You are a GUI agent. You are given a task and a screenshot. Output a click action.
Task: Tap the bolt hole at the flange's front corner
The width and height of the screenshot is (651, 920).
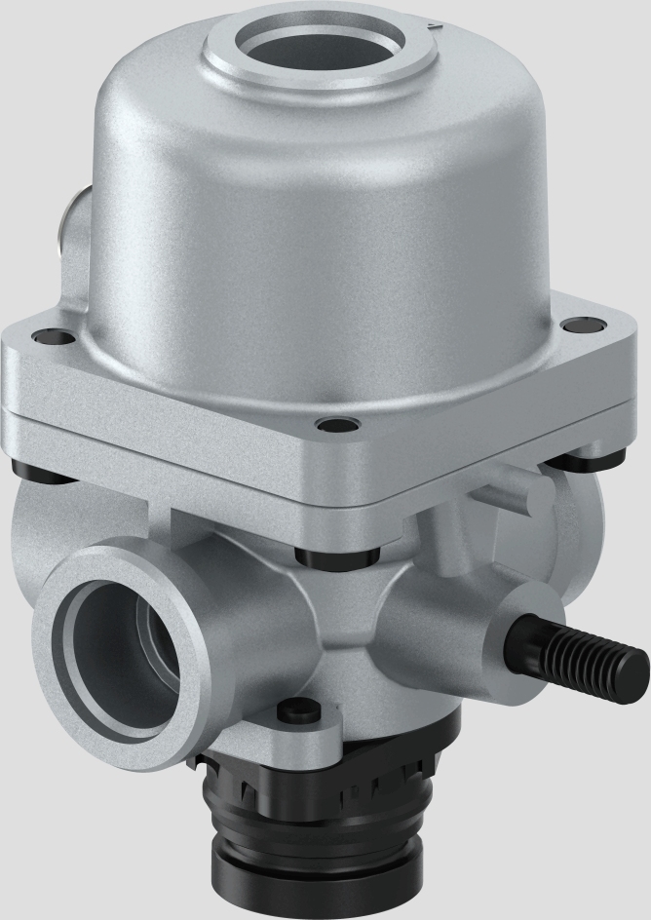[x=337, y=426]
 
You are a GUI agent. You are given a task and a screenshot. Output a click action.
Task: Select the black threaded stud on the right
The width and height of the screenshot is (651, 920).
[x=585, y=661]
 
